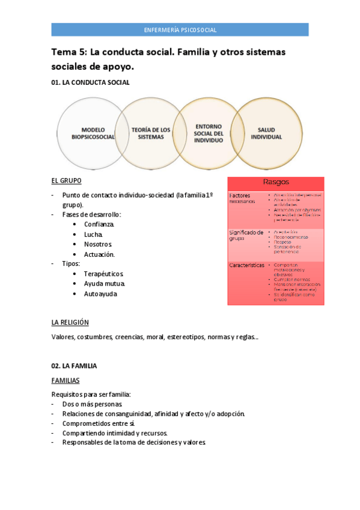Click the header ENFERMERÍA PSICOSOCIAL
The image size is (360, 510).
(x=180, y=29)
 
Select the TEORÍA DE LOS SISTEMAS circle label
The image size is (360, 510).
(x=151, y=133)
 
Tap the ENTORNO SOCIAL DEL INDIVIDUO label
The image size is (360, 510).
(x=209, y=133)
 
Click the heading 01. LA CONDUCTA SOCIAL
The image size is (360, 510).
(x=90, y=82)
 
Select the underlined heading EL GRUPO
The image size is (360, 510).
(x=66, y=180)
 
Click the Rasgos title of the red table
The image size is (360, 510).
(x=276, y=182)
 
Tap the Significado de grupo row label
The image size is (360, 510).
(x=246, y=235)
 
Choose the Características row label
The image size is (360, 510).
(x=246, y=265)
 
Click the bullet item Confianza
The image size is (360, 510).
(x=99, y=224)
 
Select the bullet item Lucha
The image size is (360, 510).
(x=93, y=234)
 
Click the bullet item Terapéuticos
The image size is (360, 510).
(x=103, y=274)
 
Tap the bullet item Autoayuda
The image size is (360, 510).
(x=100, y=293)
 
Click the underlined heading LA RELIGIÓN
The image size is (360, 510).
(x=70, y=322)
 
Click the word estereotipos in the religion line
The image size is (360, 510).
(x=186, y=337)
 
